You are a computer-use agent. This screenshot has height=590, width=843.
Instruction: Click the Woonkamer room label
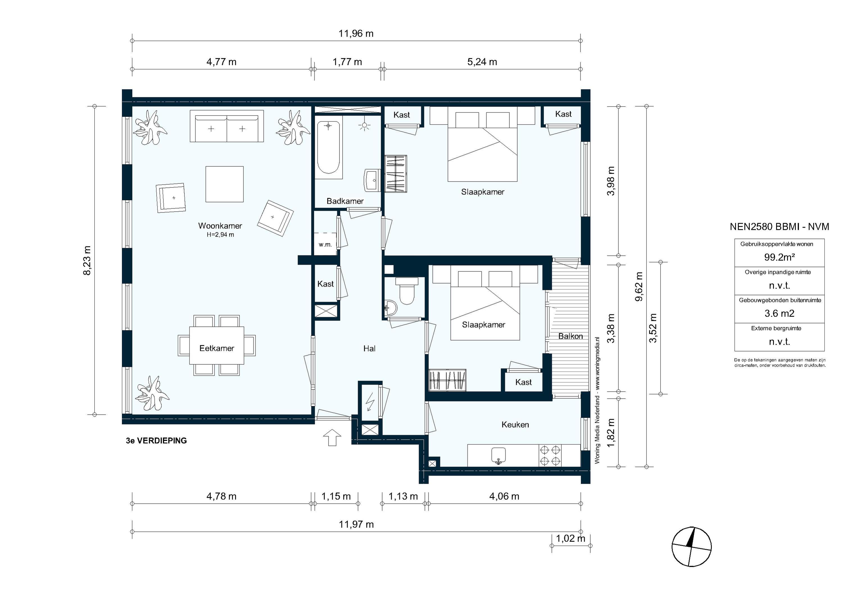[220, 226]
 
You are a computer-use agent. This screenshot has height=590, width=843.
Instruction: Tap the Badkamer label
[345, 201]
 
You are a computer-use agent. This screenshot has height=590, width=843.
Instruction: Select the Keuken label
[515, 425]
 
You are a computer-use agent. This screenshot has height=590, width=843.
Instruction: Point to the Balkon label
[570, 336]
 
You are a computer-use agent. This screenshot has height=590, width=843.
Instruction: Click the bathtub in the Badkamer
[328, 147]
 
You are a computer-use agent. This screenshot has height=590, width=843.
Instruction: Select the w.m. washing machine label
[325, 244]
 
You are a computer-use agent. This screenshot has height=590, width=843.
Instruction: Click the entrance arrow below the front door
[332, 437]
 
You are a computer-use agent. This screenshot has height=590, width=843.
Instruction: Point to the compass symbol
[691, 547]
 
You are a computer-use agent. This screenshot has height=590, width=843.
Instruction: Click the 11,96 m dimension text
[356, 34]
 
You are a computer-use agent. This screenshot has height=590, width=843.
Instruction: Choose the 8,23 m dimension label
[87, 260]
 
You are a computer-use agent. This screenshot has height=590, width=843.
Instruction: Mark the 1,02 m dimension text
[570, 539]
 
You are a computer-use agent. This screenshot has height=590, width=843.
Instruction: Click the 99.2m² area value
[779, 257]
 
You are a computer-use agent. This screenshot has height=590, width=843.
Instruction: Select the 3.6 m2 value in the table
[779, 314]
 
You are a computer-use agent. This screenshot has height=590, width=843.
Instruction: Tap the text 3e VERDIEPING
[157, 441]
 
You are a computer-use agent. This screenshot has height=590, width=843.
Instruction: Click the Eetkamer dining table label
[217, 348]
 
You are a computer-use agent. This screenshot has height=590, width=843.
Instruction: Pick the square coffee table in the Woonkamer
[224, 184]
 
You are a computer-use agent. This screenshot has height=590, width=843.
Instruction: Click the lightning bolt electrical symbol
[370, 402]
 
